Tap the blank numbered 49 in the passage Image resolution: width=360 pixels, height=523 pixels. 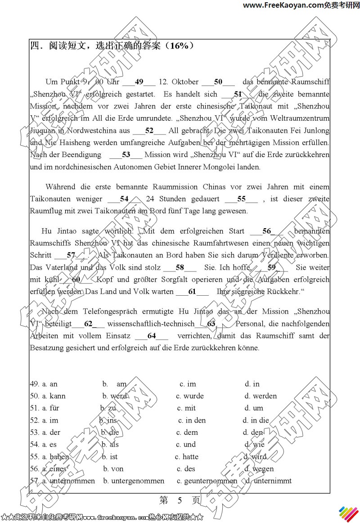[139, 82]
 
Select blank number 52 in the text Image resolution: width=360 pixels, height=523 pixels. [149, 131]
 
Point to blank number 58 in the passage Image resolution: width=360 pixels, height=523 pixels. [180, 267]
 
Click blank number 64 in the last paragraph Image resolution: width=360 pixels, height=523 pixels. [151, 336]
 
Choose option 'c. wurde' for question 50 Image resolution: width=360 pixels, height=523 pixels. [190, 396]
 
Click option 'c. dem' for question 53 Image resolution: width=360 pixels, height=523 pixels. [187, 433]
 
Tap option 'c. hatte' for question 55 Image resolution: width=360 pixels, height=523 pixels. [187, 457]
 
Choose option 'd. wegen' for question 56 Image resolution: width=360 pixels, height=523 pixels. [259, 469]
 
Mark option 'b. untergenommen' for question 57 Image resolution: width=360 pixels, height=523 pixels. [134, 481]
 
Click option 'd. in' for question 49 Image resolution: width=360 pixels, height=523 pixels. [252, 384]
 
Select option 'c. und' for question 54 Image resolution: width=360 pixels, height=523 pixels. [186, 445]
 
